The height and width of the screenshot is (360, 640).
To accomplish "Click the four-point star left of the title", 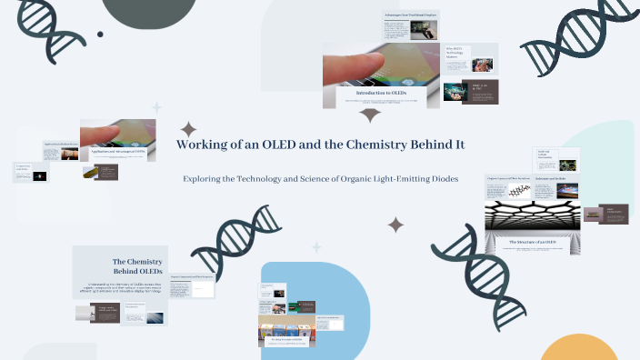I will coord(187,129).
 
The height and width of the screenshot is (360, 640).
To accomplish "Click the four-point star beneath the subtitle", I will coord(395,224).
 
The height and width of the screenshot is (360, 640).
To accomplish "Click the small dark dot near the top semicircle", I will coord(100,35).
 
